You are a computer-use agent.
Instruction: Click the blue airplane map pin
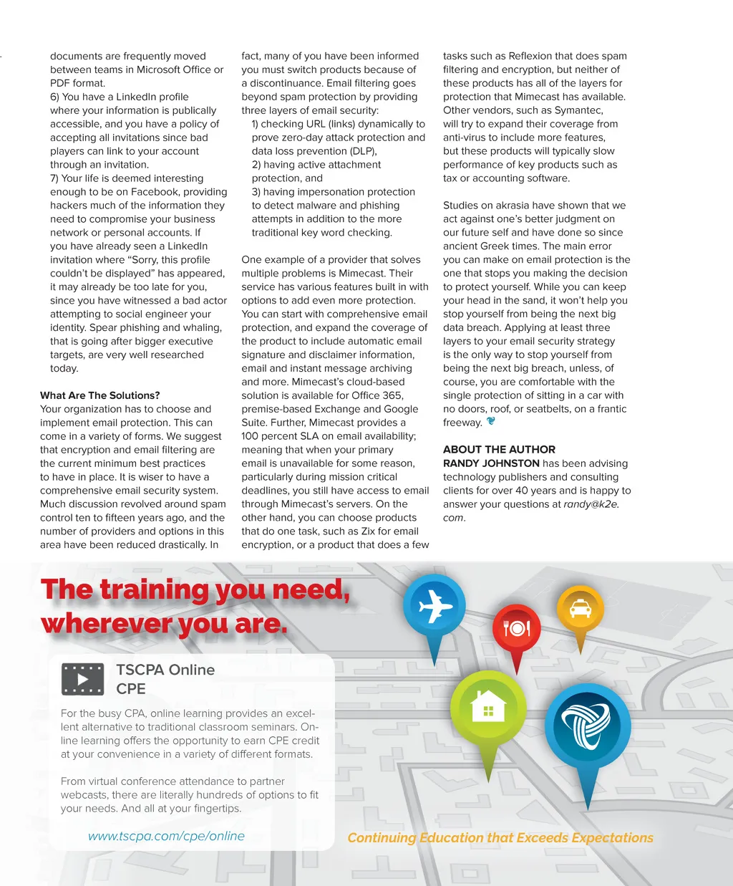[434, 607]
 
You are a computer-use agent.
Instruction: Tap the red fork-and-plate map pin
[516, 628]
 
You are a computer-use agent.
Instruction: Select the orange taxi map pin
[580, 609]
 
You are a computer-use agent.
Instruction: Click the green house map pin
[488, 708]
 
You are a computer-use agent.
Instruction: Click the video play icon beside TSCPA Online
[83, 679]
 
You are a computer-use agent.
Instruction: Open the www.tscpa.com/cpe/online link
[166, 836]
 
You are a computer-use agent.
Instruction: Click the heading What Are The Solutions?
[100, 395]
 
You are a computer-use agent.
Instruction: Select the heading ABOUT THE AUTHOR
[499, 449]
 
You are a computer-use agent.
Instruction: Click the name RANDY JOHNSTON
[491, 463]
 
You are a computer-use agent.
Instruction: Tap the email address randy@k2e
[591, 504]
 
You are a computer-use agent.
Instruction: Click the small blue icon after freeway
[490, 421]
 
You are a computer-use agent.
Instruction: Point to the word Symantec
[578, 110]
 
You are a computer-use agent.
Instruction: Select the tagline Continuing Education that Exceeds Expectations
[500, 837]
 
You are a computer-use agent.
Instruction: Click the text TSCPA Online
[165, 670]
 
